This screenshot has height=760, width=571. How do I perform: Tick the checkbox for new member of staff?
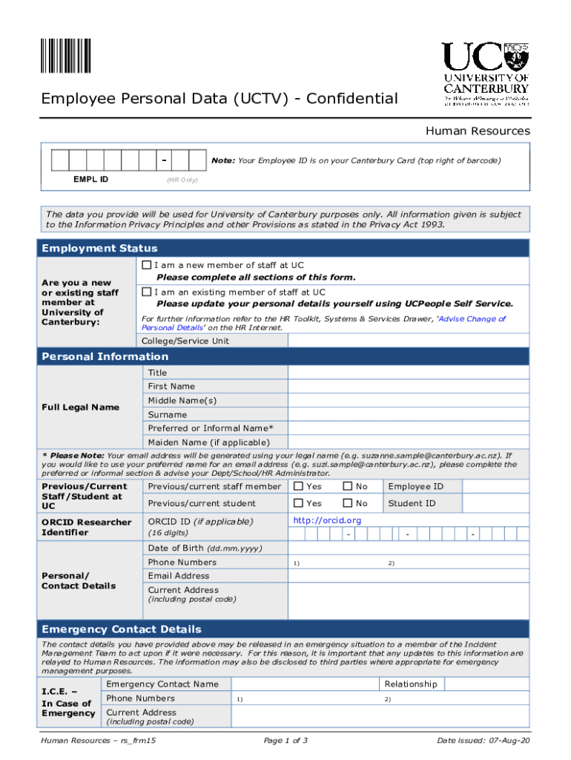tap(147, 265)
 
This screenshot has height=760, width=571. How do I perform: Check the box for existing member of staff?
tap(147, 292)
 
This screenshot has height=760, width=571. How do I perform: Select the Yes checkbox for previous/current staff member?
tap(298, 486)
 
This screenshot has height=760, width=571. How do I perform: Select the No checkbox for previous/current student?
tap(347, 503)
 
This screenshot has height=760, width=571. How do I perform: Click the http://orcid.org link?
tap(327, 520)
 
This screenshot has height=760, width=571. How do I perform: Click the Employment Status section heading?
tap(99, 248)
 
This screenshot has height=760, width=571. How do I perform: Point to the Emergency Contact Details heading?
tap(122, 629)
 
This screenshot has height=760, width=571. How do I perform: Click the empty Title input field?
tap(409, 373)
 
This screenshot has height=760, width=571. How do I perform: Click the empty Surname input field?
tap(409, 415)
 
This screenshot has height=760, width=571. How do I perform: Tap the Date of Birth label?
tap(205, 548)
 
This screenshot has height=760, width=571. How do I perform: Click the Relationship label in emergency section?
tap(410, 684)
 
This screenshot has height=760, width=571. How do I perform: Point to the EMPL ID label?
tap(90, 179)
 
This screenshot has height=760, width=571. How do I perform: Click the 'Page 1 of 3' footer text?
tap(285, 741)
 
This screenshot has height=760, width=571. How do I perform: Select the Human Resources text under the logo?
tap(477, 131)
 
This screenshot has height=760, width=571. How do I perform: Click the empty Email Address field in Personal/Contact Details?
tap(409, 576)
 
